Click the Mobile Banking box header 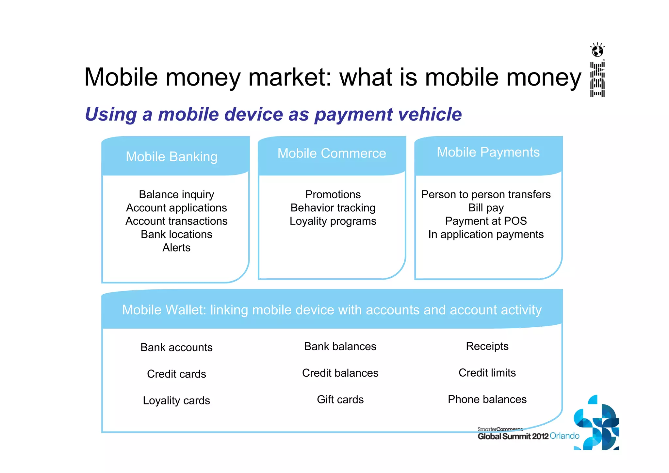tap(171, 156)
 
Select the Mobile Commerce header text tap(332, 153)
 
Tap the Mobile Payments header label tap(488, 152)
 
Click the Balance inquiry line tap(176, 194)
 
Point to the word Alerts tap(176, 248)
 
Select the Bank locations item tap(176, 234)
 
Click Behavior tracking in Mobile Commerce tap(333, 208)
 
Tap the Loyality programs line tap(333, 221)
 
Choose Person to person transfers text tap(486, 194)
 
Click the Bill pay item tap(486, 208)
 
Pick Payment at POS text tap(486, 221)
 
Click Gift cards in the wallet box tap(340, 400)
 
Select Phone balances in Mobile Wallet tap(487, 399)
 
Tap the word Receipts tap(487, 346)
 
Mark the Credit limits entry tap(487, 373)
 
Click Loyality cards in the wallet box tap(176, 400)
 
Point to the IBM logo tap(597, 79)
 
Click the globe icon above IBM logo tap(597, 51)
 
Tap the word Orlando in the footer tap(564, 436)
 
